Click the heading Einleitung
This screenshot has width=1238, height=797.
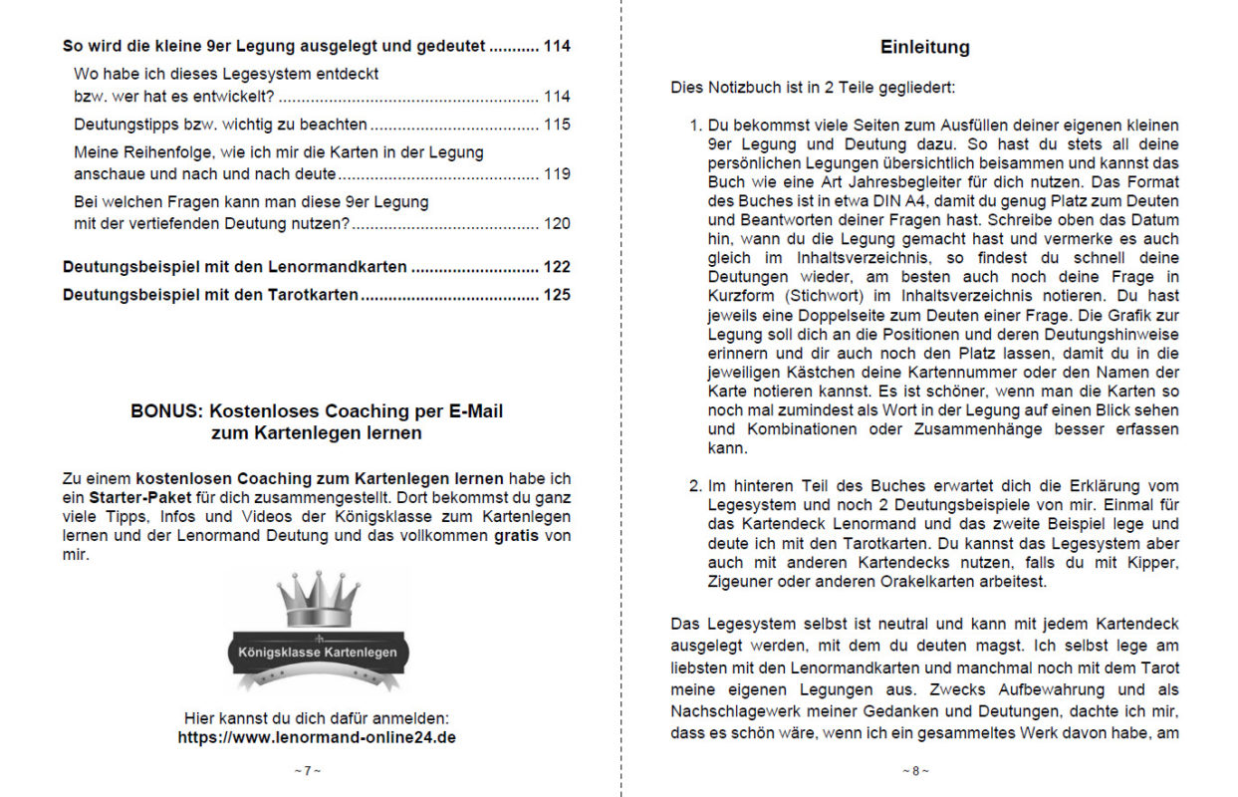pyautogui.click(x=924, y=47)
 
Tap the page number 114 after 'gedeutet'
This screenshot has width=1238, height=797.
pyautogui.click(x=557, y=46)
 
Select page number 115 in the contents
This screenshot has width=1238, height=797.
pyautogui.click(x=557, y=125)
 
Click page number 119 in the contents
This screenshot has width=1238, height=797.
pyautogui.click(x=557, y=174)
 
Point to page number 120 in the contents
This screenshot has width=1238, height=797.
pyautogui.click(x=557, y=223)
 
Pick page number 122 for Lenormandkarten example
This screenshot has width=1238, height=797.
pyautogui.click(x=557, y=267)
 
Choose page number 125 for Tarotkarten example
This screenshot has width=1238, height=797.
pyautogui.click(x=557, y=295)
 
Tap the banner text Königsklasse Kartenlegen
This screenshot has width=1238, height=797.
pyautogui.click(x=318, y=653)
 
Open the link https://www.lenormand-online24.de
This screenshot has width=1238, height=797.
pyautogui.click(x=317, y=738)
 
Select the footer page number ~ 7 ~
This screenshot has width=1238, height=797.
pyautogui.click(x=308, y=771)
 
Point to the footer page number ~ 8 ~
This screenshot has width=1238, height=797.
pyautogui.click(x=916, y=771)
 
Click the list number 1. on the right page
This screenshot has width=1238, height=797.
pyautogui.click(x=696, y=126)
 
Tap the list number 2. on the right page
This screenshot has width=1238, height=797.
pyautogui.click(x=696, y=486)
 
